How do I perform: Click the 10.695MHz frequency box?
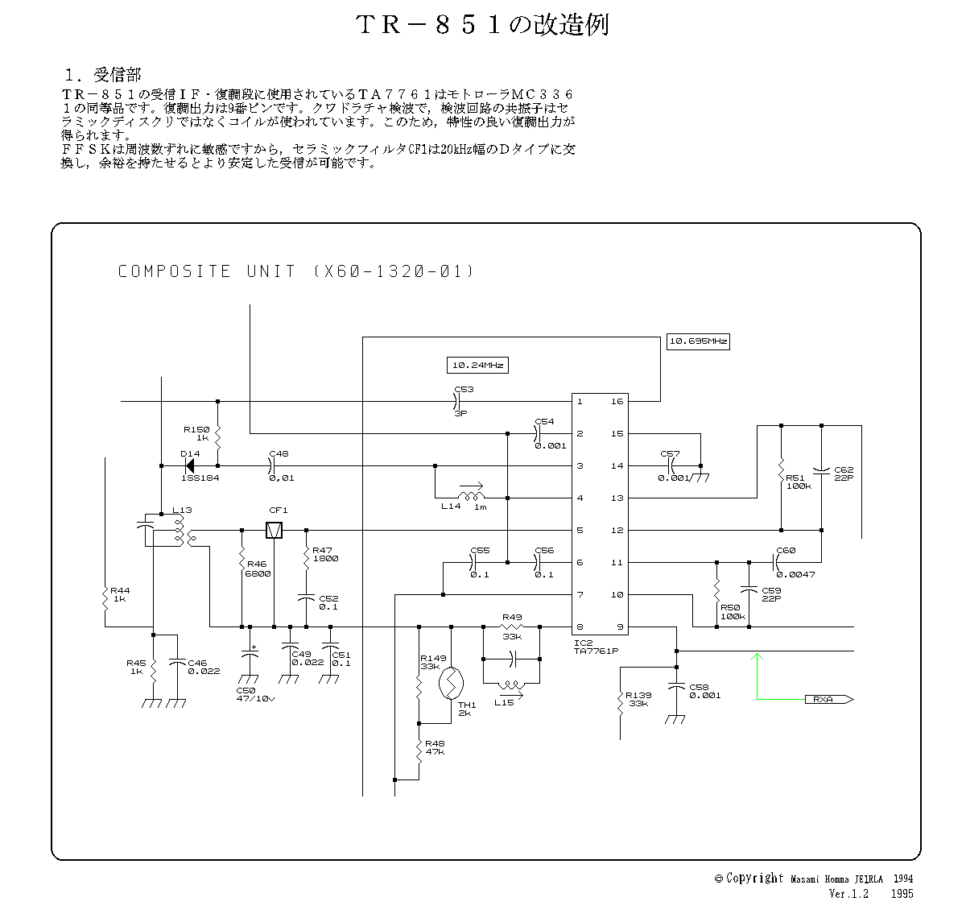tap(699, 341)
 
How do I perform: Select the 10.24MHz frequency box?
tap(478, 366)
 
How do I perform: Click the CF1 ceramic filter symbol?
tap(275, 530)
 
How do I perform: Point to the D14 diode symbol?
tap(190, 465)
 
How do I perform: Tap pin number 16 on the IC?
tap(617, 401)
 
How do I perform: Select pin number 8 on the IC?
tap(580, 626)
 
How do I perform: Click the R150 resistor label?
tap(196, 430)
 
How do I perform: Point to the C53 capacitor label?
tap(464, 390)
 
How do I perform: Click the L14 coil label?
tap(451, 506)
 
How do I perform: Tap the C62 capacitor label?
tap(844, 469)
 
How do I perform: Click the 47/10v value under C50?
tap(255, 699)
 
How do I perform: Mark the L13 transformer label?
tap(182, 511)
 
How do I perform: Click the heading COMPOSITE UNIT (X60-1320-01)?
tap(296, 271)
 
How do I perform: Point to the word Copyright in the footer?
tap(754, 879)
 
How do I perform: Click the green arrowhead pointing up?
tap(756, 658)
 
